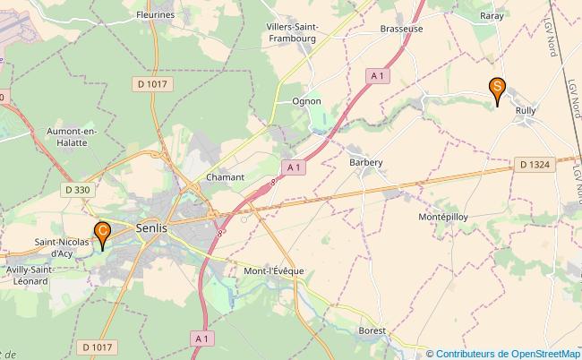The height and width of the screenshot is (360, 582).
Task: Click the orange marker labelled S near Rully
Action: click(x=497, y=89)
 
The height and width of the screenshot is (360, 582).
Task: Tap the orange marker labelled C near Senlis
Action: click(x=103, y=234)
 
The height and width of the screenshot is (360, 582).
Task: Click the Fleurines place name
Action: click(x=156, y=15)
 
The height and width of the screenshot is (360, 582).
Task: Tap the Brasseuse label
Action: click(x=400, y=29)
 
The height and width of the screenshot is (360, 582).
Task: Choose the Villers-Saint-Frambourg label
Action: click(x=291, y=34)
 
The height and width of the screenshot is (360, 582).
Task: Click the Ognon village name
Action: click(x=306, y=101)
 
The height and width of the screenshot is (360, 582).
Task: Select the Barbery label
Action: click(x=366, y=162)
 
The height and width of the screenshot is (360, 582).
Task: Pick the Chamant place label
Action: click(x=225, y=177)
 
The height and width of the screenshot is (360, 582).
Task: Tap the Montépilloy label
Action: click(x=443, y=218)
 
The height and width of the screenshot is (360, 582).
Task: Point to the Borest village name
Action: click(x=372, y=330)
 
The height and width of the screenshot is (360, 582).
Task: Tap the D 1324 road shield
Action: click(x=535, y=164)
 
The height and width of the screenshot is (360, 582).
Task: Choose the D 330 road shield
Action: click(x=78, y=189)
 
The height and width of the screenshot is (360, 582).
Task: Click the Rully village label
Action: click(x=526, y=110)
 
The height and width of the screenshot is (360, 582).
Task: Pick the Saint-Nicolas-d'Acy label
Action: click(x=61, y=247)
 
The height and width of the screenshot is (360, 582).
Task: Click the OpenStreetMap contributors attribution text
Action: click(x=508, y=353)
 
